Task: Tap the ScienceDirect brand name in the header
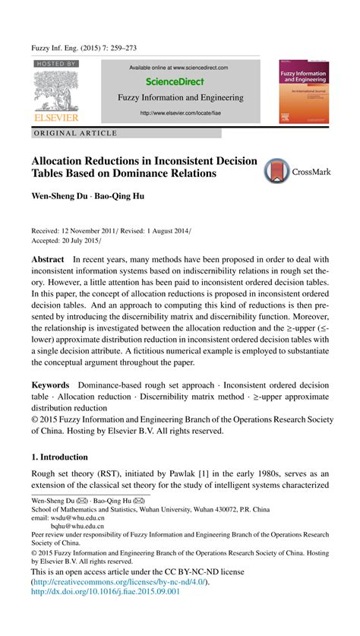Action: (x=179, y=81)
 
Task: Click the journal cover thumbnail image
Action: (x=308, y=91)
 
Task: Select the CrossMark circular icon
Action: (x=277, y=171)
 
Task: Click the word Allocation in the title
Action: (x=61, y=162)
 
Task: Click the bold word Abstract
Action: (x=47, y=259)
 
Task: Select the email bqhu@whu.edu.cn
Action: (x=80, y=527)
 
